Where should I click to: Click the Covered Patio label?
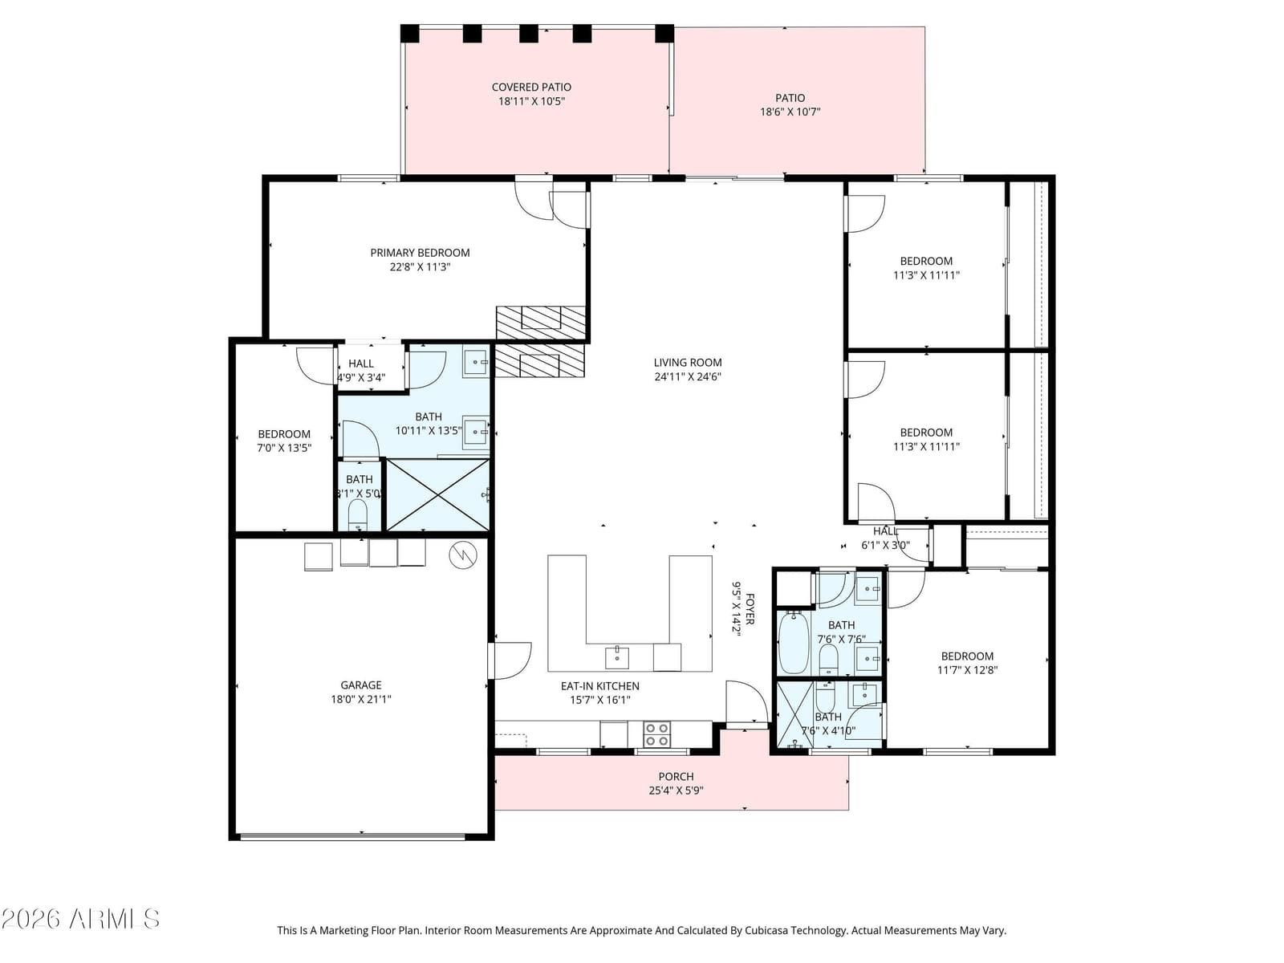(x=531, y=87)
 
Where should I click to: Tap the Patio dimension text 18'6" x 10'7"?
(x=790, y=112)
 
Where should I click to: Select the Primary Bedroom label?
(x=420, y=253)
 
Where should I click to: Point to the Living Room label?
(x=687, y=363)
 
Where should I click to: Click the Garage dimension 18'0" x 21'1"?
(x=361, y=699)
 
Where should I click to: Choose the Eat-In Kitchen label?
(x=599, y=686)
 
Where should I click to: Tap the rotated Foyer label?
(x=750, y=608)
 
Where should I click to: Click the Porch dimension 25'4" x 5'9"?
(x=676, y=790)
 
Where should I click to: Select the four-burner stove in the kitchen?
(x=656, y=734)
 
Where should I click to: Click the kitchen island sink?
(x=616, y=657)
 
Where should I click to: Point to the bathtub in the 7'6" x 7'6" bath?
(x=794, y=642)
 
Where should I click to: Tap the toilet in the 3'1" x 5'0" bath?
(x=357, y=516)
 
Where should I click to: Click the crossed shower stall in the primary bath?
(x=437, y=494)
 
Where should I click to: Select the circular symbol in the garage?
(x=463, y=555)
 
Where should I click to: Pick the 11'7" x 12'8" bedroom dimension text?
(x=967, y=670)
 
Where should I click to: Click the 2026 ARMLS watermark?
(x=80, y=919)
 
